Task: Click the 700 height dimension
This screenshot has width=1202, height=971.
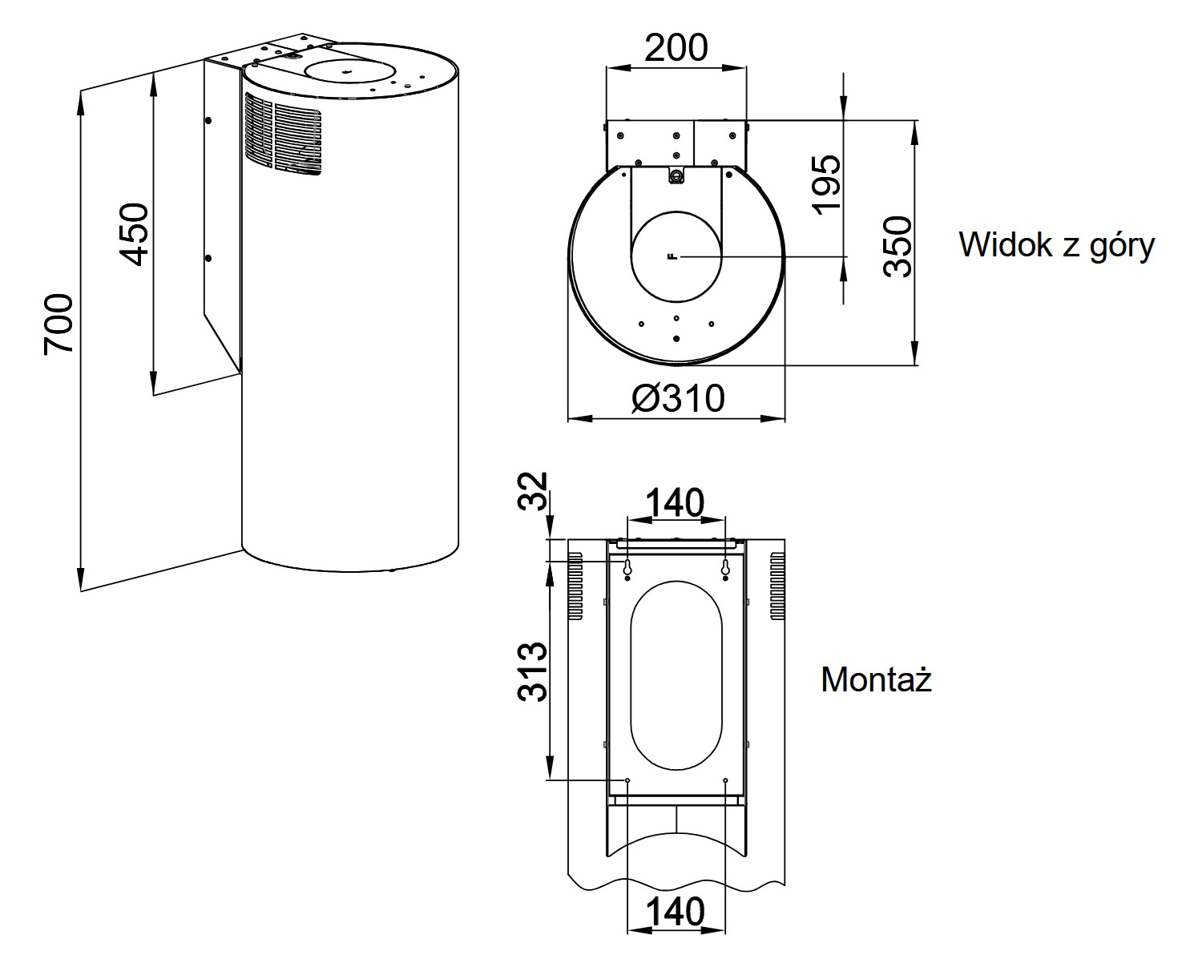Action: click(59, 324)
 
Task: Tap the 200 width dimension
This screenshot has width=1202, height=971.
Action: click(676, 48)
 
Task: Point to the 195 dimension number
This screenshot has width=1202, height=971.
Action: click(827, 184)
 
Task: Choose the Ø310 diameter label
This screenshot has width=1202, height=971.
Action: click(677, 398)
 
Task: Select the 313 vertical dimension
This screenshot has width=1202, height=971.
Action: click(532, 671)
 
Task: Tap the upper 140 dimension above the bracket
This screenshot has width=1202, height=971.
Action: click(675, 503)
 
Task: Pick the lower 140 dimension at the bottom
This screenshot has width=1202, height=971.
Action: click(675, 911)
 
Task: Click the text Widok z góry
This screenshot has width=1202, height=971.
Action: click(1056, 244)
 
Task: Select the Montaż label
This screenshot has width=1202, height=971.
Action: click(877, 680)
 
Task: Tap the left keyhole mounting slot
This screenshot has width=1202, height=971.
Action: click(627, 568)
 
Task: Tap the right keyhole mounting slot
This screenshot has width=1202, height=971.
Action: click(725, 568)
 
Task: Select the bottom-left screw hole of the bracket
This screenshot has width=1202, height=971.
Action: click(627, 780)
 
